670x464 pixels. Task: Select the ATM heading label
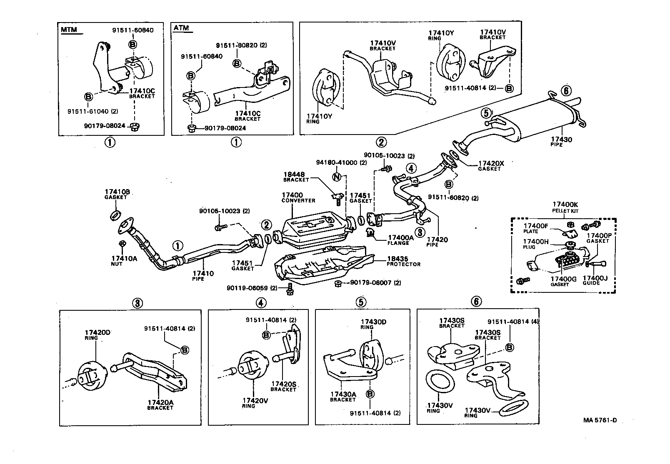click(x=181, y=28)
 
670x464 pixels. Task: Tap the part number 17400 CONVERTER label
click(x=298, y=197)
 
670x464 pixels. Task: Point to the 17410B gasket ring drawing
click(x=115, y=215)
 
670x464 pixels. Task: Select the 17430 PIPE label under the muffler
click(x=562, y=142)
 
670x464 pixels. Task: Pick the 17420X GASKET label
click(x=490, y=166)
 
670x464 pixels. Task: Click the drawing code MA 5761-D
click(x=600, y=420)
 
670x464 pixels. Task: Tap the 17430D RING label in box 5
click(x=373, y=324)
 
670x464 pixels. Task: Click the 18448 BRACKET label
click(x=296, y=177)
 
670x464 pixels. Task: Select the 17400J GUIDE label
click(x=595, y=280)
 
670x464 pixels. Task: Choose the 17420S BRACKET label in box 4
click(x=283, y=386)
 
